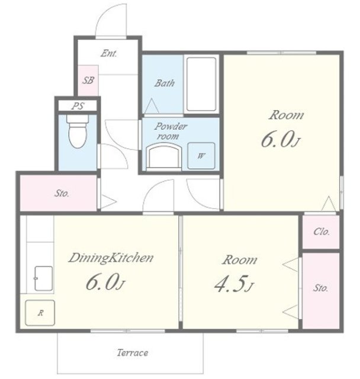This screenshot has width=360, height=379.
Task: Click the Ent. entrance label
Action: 109,53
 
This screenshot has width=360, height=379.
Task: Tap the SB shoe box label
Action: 88,81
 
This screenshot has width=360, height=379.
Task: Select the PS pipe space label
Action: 78,106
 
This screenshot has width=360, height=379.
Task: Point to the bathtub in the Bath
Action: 201,84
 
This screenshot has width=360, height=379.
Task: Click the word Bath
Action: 164,83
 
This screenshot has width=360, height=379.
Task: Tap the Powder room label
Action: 171,131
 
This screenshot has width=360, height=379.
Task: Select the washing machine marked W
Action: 201,156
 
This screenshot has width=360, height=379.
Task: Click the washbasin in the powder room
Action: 164,155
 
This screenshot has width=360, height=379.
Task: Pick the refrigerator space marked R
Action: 40,313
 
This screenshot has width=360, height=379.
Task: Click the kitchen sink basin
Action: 43,278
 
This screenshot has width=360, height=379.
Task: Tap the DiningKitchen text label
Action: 111,258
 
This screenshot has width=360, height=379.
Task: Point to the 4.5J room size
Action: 234,284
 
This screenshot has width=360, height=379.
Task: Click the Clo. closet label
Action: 322,232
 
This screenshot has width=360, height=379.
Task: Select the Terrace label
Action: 133,353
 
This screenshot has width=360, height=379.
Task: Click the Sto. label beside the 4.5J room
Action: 320,288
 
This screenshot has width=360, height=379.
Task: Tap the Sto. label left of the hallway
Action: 62,194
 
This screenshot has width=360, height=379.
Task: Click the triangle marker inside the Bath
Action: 152,106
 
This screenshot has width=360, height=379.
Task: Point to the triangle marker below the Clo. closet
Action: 290,265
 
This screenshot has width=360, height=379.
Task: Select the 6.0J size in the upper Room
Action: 281,140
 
